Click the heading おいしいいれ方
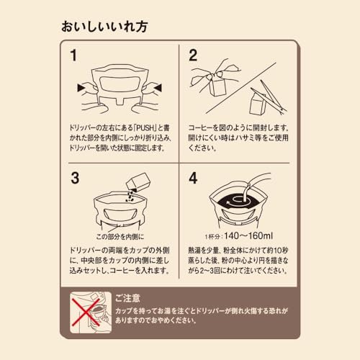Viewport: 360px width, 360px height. (104, 27)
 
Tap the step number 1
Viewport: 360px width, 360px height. (73, 55)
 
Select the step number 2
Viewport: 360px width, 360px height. (193, 55)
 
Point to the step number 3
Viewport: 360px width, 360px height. (75, 179)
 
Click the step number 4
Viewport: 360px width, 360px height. (193, 179)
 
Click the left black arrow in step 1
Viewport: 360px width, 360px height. (82, 88)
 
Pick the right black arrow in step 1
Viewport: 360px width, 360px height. (158, 88)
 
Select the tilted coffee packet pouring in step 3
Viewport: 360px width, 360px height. (138, 182)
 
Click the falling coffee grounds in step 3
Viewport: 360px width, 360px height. (130, 196)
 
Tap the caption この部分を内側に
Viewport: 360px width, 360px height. (120, 237)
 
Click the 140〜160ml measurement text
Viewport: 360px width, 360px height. (248, 236)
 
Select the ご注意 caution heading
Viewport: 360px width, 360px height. (127, 299)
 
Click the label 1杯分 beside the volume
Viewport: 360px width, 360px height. (212, 237)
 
